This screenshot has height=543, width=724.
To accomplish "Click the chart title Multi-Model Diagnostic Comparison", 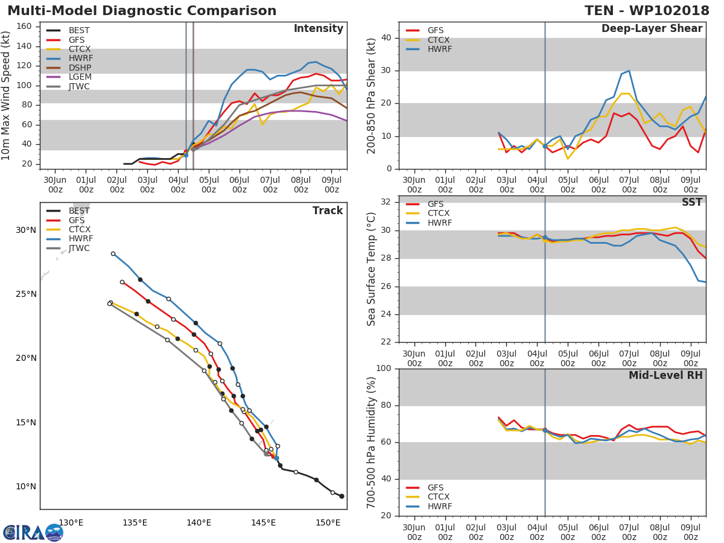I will click(142, 11).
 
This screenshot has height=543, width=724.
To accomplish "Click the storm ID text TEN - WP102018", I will click(647, 11).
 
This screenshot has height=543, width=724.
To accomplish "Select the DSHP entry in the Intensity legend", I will click(80, 68).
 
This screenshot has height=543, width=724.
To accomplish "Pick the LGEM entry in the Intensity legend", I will click(80, 77).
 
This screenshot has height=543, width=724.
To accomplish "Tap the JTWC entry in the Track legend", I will click(80, 249).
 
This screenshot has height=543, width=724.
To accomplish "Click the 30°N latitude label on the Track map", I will click(26, 230).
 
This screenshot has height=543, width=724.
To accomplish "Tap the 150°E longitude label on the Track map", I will click(328, 522).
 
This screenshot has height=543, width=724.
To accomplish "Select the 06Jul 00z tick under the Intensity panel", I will click(240, 185).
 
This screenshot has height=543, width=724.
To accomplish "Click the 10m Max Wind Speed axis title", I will click(7, 97).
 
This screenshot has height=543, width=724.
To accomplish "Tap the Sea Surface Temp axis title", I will click(372, 269).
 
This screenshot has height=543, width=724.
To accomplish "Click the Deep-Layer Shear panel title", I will click(652, 29).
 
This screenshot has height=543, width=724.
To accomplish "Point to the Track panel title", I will click(327, 211).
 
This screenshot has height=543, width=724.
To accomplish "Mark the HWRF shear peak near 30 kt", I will click(629, 71).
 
